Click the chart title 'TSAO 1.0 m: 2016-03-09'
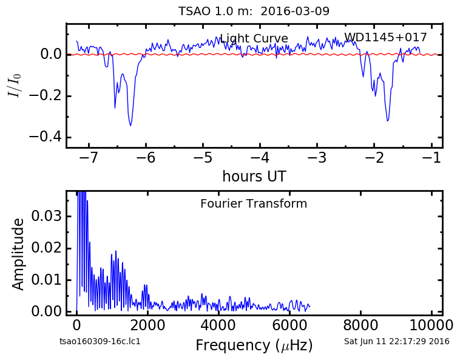coord(254,11)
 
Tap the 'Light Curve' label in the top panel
coord(254,38)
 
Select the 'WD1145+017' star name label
coord(385,37)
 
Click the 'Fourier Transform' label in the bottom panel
coord(254,203)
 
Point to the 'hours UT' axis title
coord(254,176)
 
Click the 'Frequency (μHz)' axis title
coord(254,345)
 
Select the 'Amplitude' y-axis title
coord(18,254)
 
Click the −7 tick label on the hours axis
coord(89,158)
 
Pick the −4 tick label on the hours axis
coord(260,158)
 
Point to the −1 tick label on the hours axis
coord(431,158)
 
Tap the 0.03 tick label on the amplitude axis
coord(46,216)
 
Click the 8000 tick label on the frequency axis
coord(360,325)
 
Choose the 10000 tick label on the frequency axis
coord(431,325)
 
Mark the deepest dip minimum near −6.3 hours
coord(130,126)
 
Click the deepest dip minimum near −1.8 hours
coord(388,121)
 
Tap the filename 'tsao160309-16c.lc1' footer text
coord(100,342)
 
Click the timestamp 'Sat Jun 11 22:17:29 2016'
coord(397,342)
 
